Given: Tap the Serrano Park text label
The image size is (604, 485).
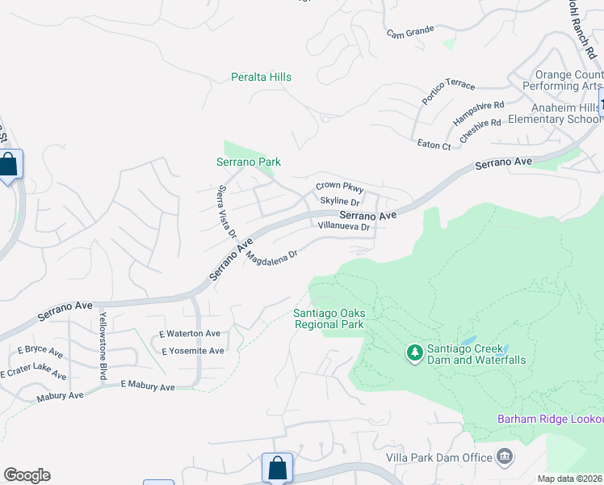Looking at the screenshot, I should [x=249, y=162].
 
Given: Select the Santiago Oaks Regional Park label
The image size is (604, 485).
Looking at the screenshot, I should [x=329, y=318].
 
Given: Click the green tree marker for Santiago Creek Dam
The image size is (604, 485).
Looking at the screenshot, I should [x=415, y=352].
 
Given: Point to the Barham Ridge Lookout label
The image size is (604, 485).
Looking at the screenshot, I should [x=549, y=419].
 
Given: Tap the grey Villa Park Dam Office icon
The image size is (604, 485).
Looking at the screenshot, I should [x=506, y=458].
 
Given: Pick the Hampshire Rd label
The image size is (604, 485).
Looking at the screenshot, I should [x=478, y=112].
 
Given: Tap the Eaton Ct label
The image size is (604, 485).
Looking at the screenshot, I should [x=434, y=145].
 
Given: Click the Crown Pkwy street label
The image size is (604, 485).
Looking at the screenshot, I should [x=339, y=187].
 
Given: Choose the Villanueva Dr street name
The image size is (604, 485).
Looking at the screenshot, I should [x=343, y=227].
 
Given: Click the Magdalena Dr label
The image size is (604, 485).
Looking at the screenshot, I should [x=272, y=257].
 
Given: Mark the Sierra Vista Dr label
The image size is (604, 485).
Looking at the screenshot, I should [x=226, y=211].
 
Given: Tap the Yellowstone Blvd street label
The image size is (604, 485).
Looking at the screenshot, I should [x=103, y=345].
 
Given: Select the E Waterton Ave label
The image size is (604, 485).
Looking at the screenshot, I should [x=190, y=333].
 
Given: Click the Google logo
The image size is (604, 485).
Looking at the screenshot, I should [x=27, y=475].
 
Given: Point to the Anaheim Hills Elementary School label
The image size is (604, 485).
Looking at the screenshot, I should [x=554, y=113].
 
